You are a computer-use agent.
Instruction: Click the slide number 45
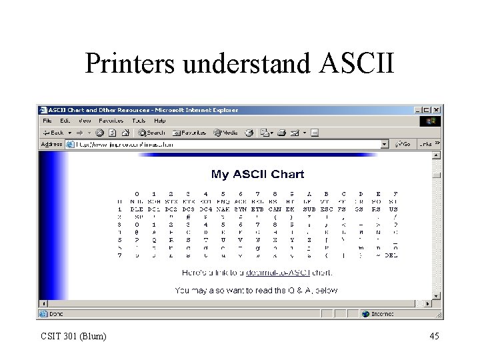(x=434, y=336)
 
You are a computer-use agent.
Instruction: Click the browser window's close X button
(x=436, y=110)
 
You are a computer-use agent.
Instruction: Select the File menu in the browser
(x=47, y=121)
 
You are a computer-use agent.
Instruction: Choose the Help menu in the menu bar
(x=160, y=121)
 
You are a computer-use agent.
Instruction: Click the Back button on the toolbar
(x=53, y=133)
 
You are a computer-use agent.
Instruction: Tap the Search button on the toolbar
(x=152, y=133)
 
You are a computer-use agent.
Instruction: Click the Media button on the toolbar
(x=226, y=133)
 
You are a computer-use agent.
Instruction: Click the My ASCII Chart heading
(x=257, y=174)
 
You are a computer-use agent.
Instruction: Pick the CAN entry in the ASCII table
(x=274, y=209)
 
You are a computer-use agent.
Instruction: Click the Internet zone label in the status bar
(x=382, y=313)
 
